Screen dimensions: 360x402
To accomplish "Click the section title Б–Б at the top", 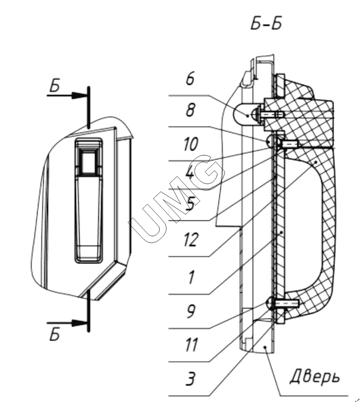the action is tap(267, 25).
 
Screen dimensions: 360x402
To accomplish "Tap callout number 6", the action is tap(190, 79).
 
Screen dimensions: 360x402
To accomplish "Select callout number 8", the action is tap(190, 110).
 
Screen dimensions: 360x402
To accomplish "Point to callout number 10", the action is tap(191, 144).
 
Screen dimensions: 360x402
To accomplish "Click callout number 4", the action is tap(190, 174).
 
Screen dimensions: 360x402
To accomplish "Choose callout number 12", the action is tap(191, 240).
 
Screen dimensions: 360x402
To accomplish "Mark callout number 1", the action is tap(191, 277).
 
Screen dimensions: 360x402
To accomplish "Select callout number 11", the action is tap(191, 345).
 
